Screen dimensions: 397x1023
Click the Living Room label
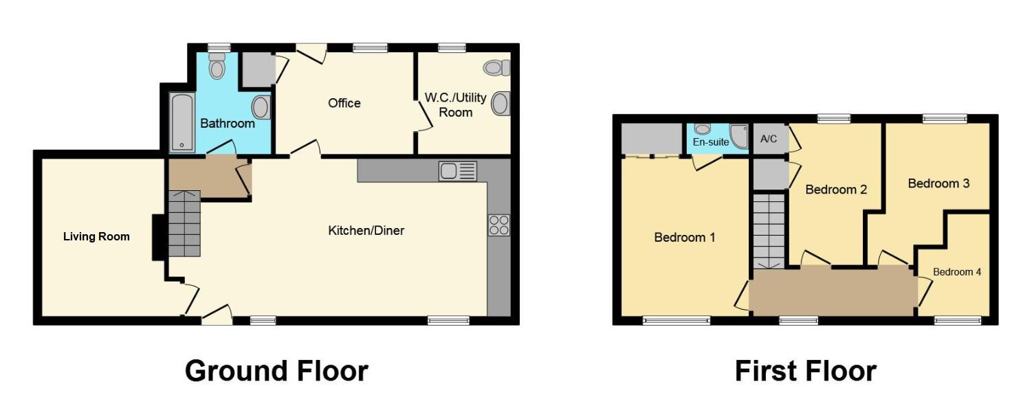[96, 237]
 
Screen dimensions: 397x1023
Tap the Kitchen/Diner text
[366, 231]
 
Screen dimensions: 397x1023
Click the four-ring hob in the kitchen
[498, 225]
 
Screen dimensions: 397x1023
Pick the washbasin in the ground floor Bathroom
[261, 108]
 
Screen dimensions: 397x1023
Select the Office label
[344, 103]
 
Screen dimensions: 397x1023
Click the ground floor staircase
[184, 223]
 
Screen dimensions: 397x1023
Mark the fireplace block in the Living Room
[158, 238]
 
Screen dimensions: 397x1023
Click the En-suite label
[710, 143]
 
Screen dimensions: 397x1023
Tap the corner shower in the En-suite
[738, 136]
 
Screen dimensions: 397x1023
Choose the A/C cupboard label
[769, 139]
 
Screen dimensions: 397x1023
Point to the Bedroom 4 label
[957, 272]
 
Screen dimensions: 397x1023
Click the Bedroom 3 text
[938, 183]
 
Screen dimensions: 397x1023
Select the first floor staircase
[768, 231]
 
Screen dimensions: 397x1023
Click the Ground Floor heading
[276, 371]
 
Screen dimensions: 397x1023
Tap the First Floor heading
[805, 371]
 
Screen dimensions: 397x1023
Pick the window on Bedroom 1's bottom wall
[676, 320]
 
